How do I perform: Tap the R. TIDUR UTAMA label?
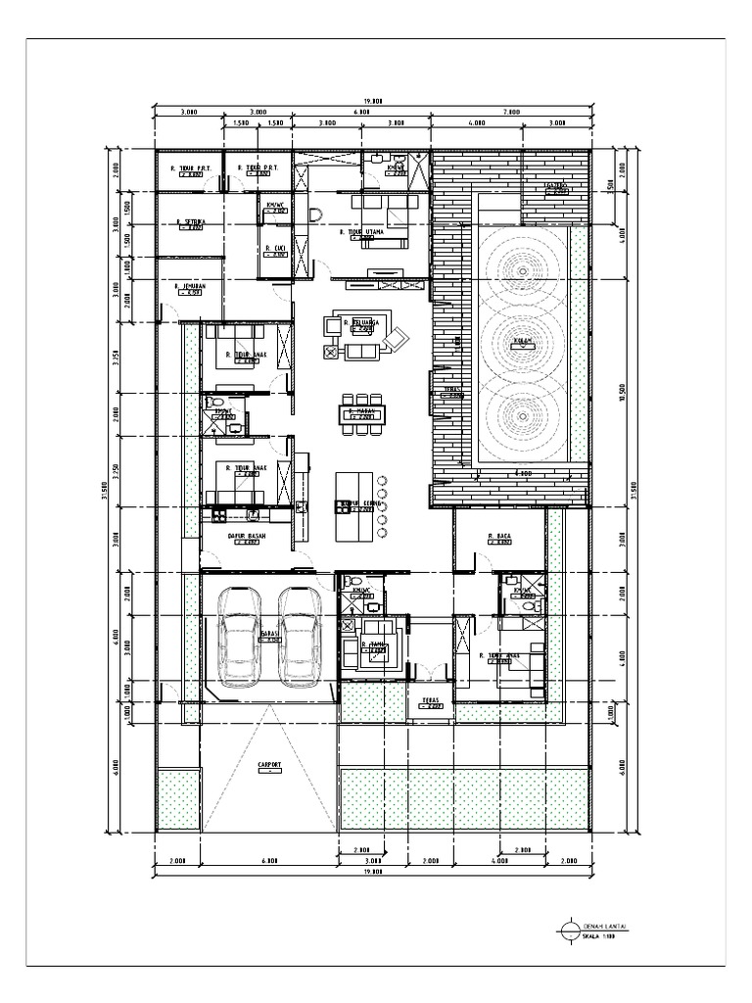coord(362,233)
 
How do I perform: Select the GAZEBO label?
coord(554,184)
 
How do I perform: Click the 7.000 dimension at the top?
coord(510,113)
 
